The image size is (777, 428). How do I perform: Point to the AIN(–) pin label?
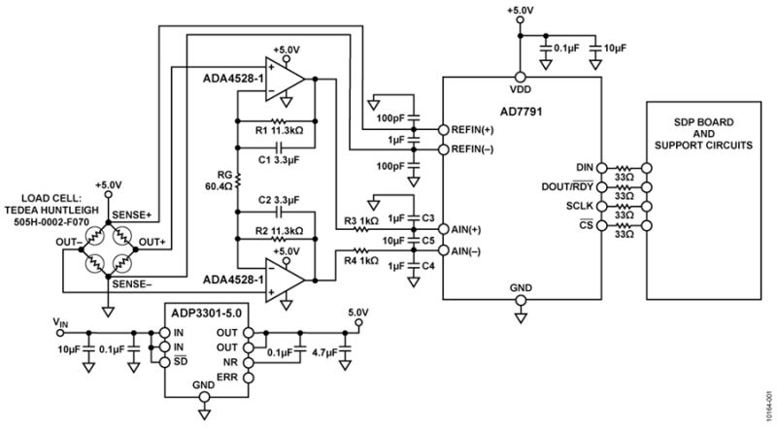[x=468, y=251]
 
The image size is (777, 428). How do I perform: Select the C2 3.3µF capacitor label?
[x=278, y=200]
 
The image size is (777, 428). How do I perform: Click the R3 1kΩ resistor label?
[x=362, y=221]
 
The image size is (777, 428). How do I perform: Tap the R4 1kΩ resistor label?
[x=362, y=259]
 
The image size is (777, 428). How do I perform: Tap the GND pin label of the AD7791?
[x=520, y=287]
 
